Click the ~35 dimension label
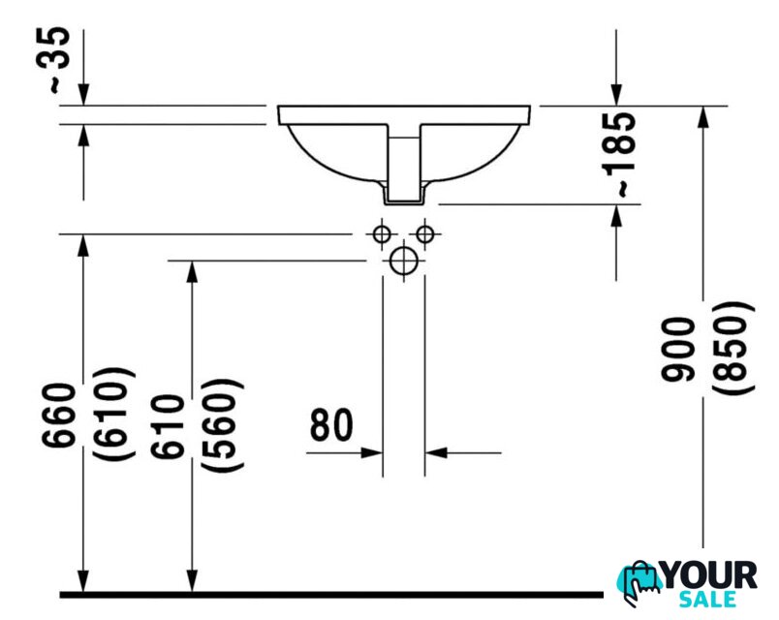59,60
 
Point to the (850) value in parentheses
732,348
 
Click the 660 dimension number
59,416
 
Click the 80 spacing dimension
331,425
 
